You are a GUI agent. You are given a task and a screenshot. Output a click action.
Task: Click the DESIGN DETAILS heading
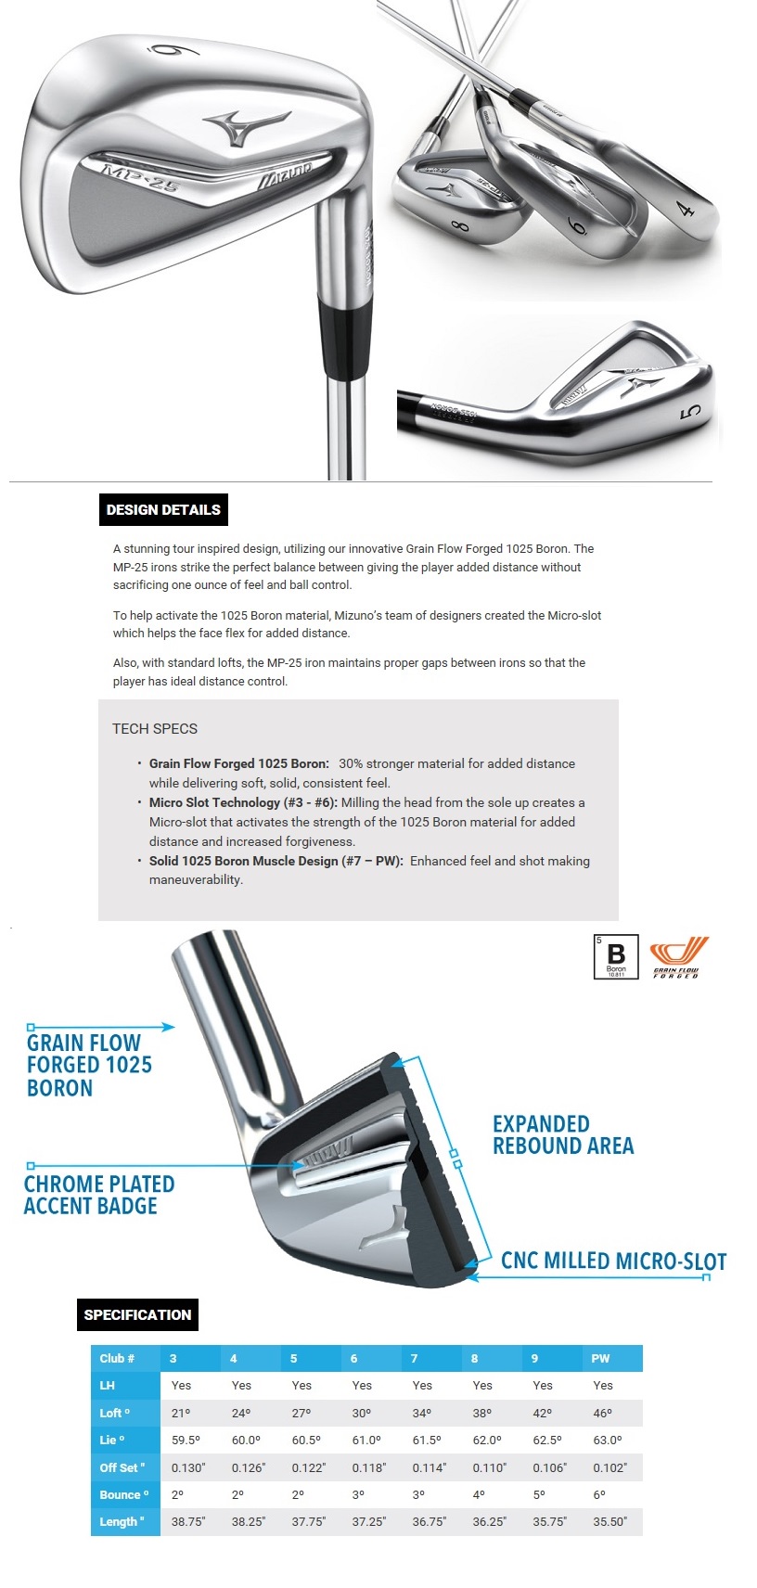point(163,509)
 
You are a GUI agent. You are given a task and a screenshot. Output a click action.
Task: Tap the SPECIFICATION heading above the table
point(137,1314)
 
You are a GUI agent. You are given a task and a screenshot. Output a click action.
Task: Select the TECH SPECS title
point(155,729)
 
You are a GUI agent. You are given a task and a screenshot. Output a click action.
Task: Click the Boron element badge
point(616,956)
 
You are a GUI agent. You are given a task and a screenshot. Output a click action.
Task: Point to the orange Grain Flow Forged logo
point(678,956)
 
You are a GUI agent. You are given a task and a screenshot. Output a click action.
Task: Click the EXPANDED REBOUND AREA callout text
point(562,1135)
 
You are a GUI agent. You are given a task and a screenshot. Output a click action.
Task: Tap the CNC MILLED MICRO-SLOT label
point(613,1261)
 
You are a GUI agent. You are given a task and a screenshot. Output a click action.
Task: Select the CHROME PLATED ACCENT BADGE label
point(98,1195)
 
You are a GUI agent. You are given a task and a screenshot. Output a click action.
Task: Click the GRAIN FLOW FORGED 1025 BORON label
point(89,1065)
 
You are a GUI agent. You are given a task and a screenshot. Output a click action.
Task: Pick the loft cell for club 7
point(422,1413)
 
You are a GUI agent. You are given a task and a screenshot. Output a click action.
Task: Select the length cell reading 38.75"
point(188,1521)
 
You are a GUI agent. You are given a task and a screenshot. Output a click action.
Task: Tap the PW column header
point(600,1358)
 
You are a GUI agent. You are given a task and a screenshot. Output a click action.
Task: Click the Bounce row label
point(124,1494)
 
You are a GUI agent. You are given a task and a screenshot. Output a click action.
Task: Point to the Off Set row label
point(122,1467)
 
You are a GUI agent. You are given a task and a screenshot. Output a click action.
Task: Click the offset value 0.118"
point(368,1467)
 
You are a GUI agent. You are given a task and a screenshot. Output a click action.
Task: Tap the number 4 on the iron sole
point(686,208)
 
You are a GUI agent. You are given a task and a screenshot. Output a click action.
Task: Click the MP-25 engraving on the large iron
point(139,175)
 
